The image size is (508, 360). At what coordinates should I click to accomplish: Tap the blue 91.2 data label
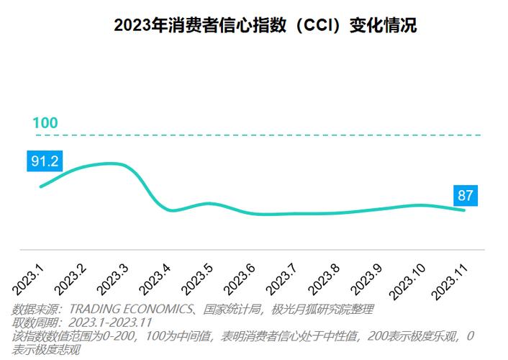pos(45,161)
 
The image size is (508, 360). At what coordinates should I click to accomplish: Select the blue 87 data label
pos(466,195)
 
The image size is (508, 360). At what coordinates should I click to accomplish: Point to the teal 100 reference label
pos(45,123)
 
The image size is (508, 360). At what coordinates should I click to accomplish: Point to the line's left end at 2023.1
pos(40,186)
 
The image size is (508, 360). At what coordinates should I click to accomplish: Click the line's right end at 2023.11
pos(464,210)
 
